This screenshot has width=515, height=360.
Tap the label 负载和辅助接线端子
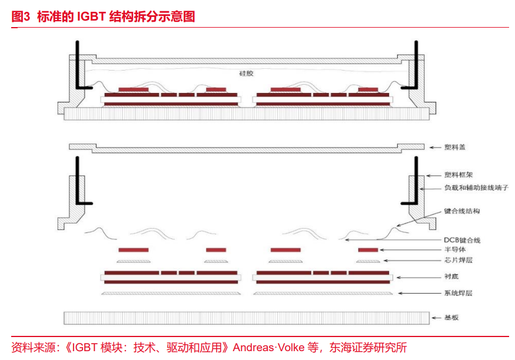tap(475, 188)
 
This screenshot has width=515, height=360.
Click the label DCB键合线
tap(462, 240)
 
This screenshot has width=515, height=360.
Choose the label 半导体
tap(455, 250)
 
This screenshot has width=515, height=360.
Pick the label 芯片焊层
tap(458, 261)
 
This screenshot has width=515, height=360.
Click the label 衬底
tap(451, 276)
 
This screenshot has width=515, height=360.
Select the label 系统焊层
tap(458, 292)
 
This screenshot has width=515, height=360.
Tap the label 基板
tap(451, 318)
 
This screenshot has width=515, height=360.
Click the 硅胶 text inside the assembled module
tap(246, 73)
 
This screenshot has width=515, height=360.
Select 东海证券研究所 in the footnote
tap(369, 347)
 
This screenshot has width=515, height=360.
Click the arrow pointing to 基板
tap(436, 318)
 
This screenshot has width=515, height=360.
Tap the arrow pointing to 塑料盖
tap(436, 147)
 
